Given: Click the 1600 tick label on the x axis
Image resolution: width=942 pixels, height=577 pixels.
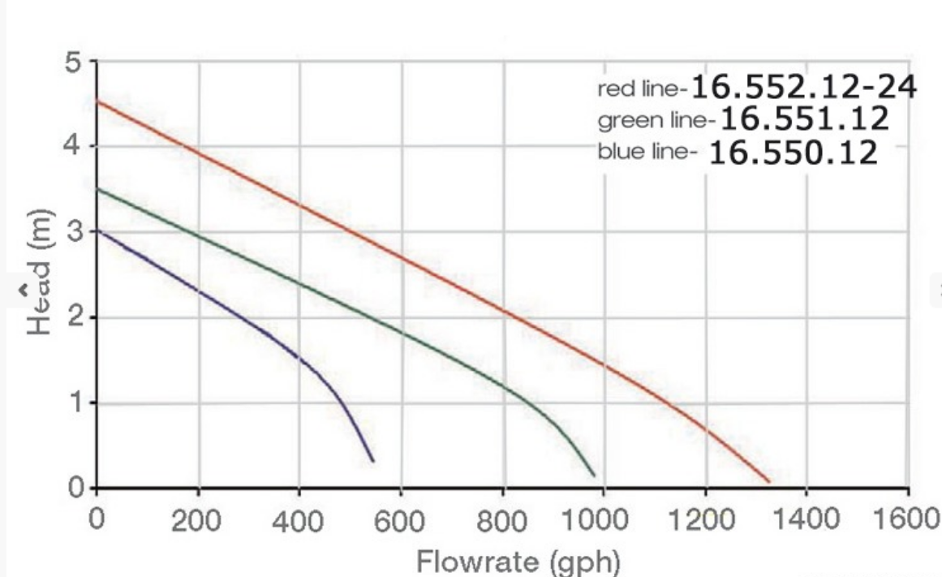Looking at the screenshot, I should point(907,519).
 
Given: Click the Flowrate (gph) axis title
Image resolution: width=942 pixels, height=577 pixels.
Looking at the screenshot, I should point(519,560).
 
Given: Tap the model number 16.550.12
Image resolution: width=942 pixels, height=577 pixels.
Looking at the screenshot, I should point(794,152).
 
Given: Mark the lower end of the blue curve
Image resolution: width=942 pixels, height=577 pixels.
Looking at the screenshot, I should point(373,461).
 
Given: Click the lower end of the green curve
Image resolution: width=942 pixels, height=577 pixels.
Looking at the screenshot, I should point(594,475).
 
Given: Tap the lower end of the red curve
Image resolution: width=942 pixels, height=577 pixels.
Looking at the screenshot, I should point(768,481).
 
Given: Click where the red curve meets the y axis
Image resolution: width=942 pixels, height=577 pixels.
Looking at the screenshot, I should point(97,101).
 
